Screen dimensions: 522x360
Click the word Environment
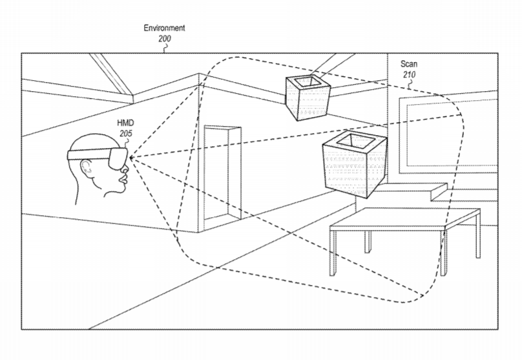164,28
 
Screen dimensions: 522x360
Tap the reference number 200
165,39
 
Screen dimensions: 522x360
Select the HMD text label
125,123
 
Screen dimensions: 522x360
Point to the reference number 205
126,134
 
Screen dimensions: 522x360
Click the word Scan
409,63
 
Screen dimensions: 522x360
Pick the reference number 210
409,74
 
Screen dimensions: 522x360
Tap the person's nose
125,169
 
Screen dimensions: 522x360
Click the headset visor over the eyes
117,158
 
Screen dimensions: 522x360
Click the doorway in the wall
222,173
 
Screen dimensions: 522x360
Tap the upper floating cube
308,98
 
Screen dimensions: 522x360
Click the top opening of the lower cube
354,141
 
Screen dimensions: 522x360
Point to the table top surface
405,218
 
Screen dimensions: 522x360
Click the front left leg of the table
333,253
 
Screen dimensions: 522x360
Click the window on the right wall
448,133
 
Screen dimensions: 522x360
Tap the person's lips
123,179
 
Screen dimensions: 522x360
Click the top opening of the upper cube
308,81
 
